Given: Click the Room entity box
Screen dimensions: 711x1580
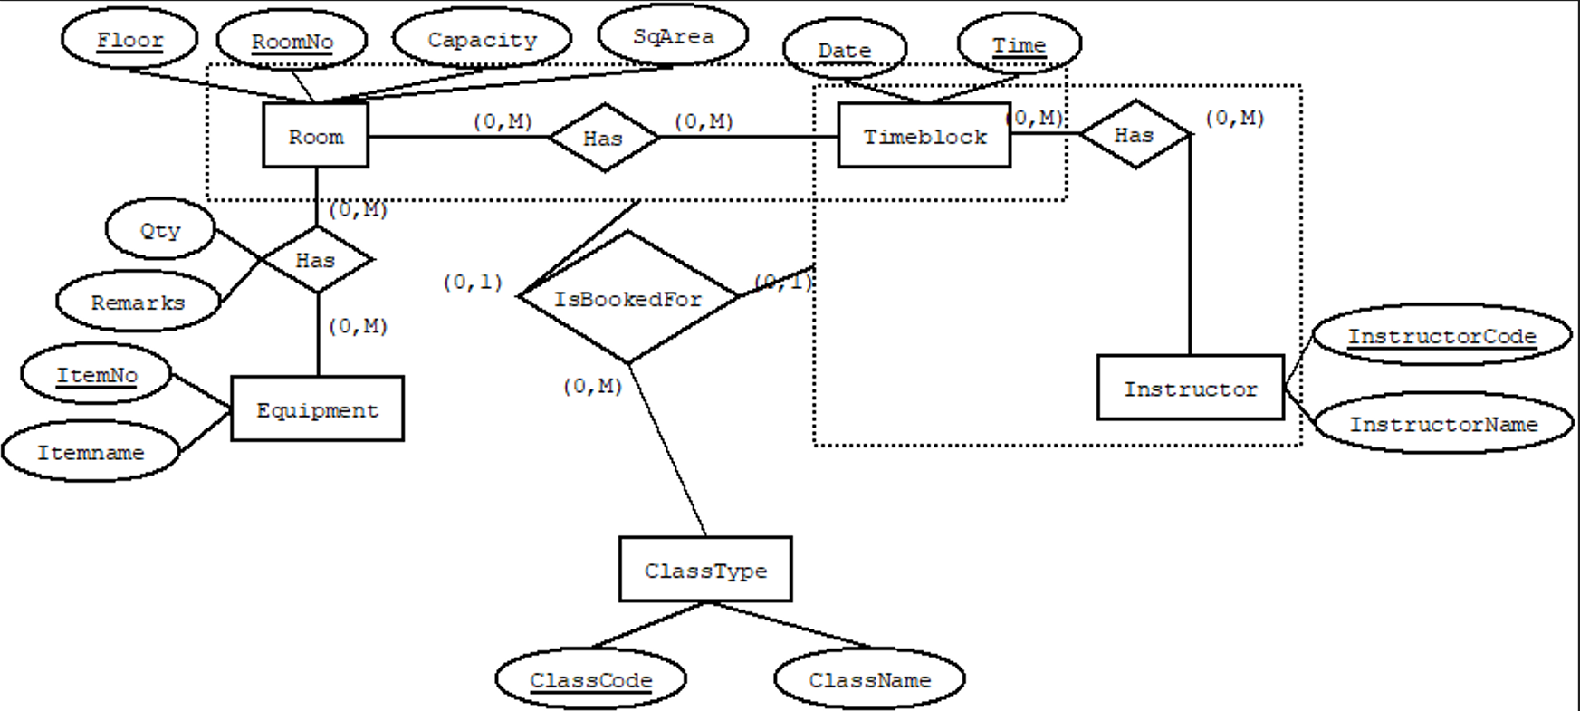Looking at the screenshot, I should click(315, 136).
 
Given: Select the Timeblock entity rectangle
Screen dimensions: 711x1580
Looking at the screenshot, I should click(924, 136).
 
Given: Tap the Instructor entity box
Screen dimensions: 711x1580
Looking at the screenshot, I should click(1190, 389).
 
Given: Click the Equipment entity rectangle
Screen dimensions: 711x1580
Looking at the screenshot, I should click(317, 409).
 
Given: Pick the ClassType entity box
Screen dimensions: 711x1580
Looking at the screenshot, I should click(705, 570).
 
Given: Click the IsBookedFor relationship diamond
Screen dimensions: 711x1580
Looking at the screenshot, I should click(627, 298).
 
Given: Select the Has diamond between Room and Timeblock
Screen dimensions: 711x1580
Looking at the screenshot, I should click(603, 138).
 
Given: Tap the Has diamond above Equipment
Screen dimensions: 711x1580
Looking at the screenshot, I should click(315, 260).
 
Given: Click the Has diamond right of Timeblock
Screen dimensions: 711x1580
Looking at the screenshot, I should click(1134, 135).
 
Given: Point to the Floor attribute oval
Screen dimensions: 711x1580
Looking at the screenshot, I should click(129, 40).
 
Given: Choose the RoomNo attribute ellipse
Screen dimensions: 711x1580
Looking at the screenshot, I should click(292, 42).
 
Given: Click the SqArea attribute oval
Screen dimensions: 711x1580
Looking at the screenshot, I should click(673, 36).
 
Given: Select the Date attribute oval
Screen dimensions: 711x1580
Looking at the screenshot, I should click(844, 51).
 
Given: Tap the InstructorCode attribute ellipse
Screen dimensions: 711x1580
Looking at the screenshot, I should click(1441, 336).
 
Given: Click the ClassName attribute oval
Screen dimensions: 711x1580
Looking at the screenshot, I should click(869, 679).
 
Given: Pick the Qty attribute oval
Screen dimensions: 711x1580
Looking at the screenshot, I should click(160, 230).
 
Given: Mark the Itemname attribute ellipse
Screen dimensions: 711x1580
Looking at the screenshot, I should click(91, 452).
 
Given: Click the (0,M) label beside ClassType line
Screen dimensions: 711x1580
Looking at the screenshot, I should click(592, 387).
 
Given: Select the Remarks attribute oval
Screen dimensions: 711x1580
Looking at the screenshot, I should click(138, 303).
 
